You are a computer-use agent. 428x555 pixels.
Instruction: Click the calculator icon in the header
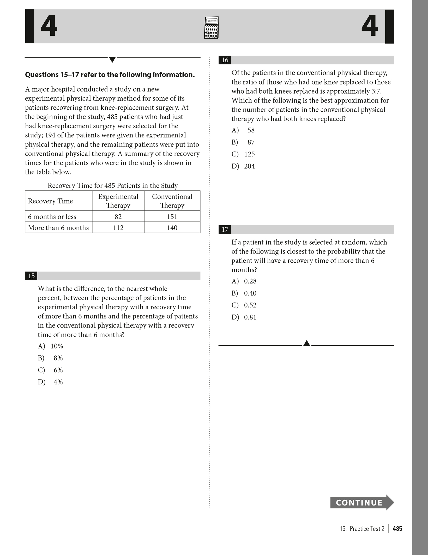pos(211,28)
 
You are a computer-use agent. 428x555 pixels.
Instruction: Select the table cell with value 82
pos(118,216)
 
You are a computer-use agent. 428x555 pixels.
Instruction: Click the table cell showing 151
pos(172,216)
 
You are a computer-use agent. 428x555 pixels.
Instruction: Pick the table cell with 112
pos(118,228)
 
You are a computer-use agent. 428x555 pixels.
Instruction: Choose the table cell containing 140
pos(172,228)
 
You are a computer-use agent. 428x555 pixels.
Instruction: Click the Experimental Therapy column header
pos(118,201)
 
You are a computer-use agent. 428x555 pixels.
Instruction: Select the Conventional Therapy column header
pos(172,201)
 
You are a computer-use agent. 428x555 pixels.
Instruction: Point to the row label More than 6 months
pos(58,228)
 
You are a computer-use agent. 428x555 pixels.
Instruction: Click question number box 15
pos(31,276)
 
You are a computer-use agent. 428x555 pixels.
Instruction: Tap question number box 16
pos(225,60)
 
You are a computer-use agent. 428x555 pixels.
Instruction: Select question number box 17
pos(225,230)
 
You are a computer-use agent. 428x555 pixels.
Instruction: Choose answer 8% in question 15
pos(58,358)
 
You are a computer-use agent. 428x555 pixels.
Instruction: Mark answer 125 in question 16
pos(249,154)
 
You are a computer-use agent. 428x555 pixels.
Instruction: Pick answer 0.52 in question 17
pos(250,305)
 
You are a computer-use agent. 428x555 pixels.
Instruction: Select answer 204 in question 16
pos(249,166)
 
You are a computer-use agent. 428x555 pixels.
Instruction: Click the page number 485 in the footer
pos(397,529)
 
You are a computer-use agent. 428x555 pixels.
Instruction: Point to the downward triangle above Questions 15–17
pos(112,60)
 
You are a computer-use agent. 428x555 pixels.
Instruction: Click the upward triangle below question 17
pos(307,343)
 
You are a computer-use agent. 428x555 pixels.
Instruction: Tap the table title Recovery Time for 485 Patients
pos(113,185)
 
